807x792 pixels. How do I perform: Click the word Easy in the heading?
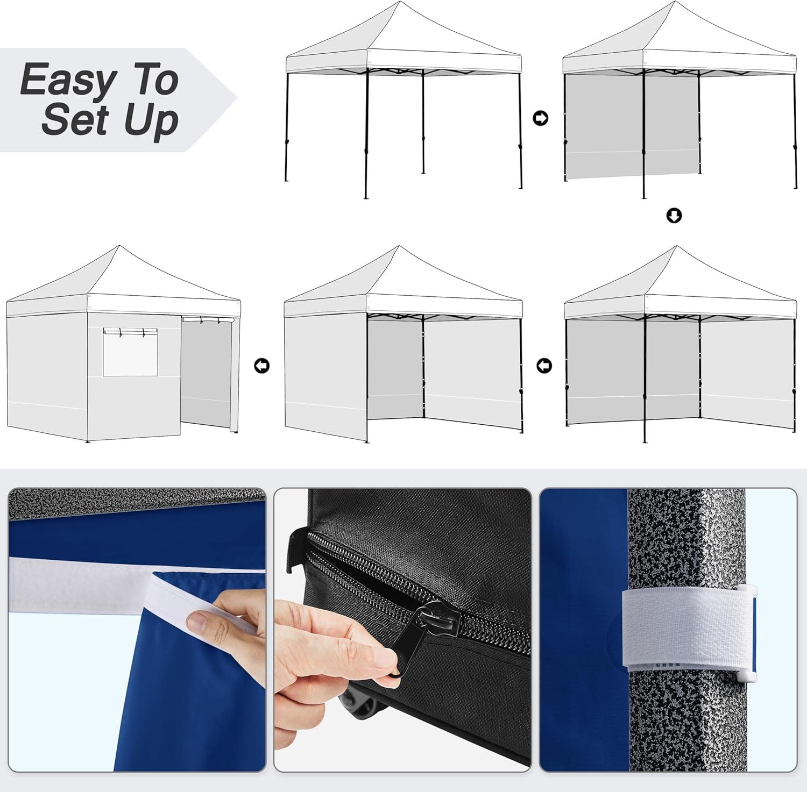coord(67,80)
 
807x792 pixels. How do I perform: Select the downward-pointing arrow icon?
coord(674,216)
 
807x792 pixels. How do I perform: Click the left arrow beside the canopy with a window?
coord(261,366)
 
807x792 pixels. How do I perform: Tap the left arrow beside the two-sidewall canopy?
coord(544,366)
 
